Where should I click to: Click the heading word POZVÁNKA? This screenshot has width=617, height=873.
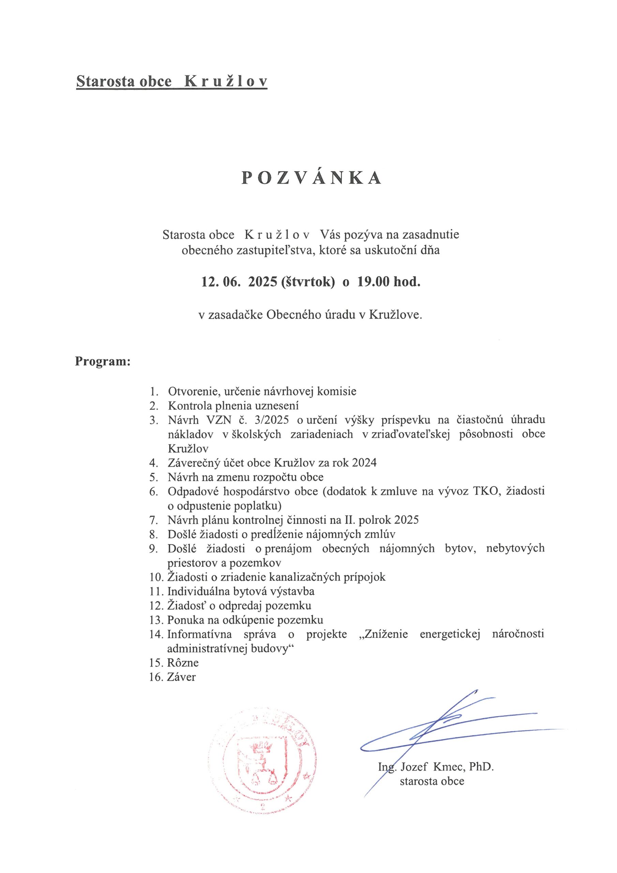(x=311, y=178)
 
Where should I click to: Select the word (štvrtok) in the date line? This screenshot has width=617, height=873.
(x=308, y=282)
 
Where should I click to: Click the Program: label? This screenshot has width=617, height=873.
(x=103, y=361)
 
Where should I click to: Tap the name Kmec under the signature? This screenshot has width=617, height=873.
(x=448, y=767)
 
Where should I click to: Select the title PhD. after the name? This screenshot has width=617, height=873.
(x=481, y=767)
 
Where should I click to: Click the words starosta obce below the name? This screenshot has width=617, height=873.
(x=432, y=781)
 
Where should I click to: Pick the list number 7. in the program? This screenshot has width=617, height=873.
(x=154, y=520)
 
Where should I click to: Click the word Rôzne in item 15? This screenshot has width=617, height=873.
(x=183, y=662)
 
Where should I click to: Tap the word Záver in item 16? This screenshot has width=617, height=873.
(x=181, y=677)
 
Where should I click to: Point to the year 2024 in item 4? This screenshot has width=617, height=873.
(x=364, y=463)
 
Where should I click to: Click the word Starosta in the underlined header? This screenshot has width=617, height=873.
(x=105, y=82)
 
